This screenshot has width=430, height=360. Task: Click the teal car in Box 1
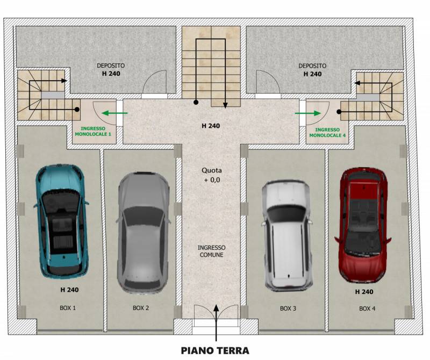(62, 221)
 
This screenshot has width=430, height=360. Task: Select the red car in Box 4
(363, 226)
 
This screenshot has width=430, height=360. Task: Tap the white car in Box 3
(287, 235)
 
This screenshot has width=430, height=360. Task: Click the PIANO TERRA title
(215, 351)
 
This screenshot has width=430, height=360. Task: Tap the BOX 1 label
(68, 308)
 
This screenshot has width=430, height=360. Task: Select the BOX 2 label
(141, 308)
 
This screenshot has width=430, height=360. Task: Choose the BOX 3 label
(288, 308)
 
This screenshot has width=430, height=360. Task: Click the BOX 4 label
(367, 308)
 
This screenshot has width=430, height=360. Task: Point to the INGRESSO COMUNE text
(211, 251)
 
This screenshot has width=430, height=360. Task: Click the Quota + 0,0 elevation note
(211, 175)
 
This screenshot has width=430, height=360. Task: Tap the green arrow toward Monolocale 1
(114, 113)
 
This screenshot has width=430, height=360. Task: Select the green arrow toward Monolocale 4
(307, 113)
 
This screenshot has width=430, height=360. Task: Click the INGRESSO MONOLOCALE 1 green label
(93, 131)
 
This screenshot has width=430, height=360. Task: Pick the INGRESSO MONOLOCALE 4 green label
(327, 132)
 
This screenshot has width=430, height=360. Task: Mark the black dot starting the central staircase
(196, 102)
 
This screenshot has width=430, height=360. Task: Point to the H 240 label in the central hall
(211, 126)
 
